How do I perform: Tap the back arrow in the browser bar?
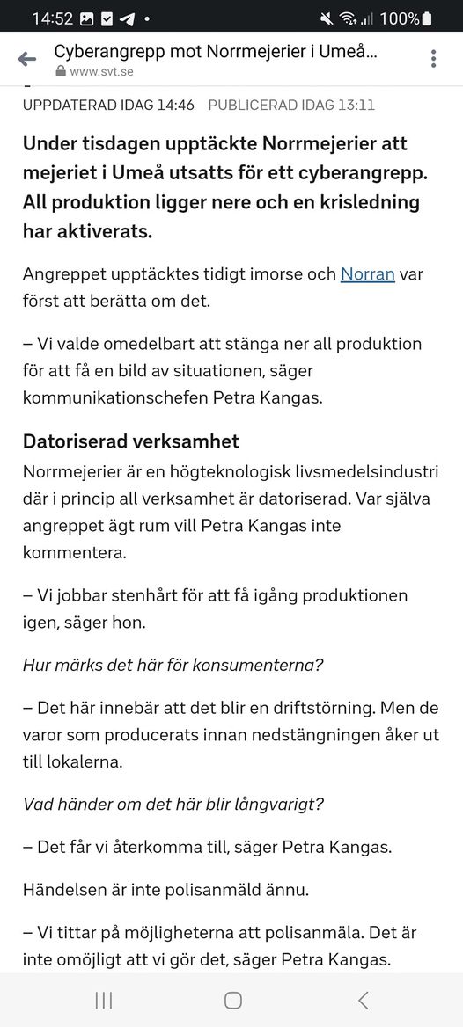[x=27, y=59]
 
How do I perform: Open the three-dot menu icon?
[x=434, y=59]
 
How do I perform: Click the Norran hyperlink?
[x=368, y=273]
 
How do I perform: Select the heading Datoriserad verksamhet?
[x=131, y=441]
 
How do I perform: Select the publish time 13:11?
[x=355, y=105]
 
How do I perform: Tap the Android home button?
[x=232, y=1000]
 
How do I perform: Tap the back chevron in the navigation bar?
[x=363, y=1000]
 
